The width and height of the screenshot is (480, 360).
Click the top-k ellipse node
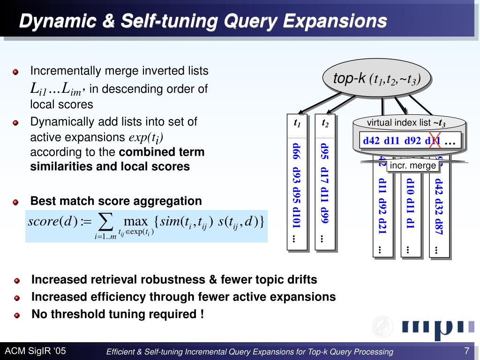[376, 78]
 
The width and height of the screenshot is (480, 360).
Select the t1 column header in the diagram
[297, 124]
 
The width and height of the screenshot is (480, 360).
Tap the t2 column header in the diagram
[325, 124]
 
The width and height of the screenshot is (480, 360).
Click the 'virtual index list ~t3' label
[406, 123]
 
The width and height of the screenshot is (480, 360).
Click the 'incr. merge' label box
[413, 165]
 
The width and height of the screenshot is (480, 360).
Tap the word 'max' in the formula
[135, 221]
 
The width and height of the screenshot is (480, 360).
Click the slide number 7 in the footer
[466, 351]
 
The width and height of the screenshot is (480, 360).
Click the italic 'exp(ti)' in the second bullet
[146, 138]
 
